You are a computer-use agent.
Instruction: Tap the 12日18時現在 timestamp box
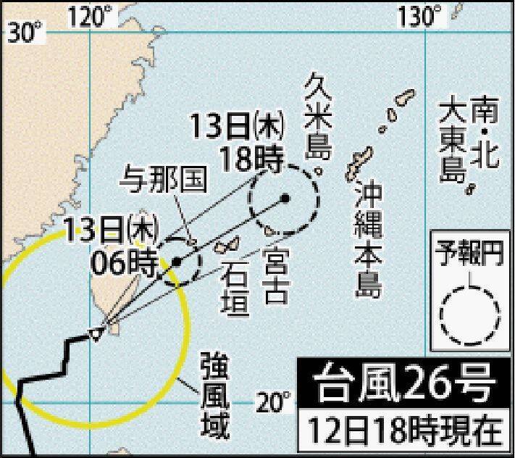pos(405,431)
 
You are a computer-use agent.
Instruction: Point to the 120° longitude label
pos(91,13)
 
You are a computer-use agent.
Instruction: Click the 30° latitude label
pos(25,32)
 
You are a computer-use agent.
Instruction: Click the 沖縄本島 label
pos(368,239)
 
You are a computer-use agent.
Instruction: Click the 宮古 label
pos(277,274)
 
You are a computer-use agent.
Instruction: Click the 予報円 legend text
pos(468,254)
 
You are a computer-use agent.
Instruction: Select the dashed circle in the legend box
pos(470,313)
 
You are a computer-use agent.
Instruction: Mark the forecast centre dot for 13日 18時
pos(285,197)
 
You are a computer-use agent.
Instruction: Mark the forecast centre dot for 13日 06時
pos(176,262)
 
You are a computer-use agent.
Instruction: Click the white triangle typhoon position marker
pos(95,333)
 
